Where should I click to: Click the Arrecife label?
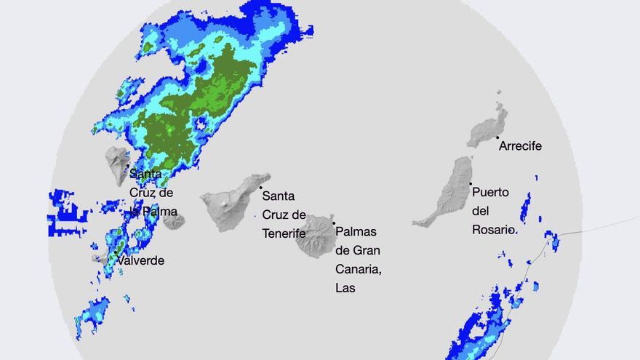tap(520, 146)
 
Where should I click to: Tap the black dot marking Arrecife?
tap(497, 137)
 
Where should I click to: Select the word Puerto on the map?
tap(490, 193)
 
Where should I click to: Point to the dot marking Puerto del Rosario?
tap(471, 183)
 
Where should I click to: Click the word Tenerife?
tap(284, 233)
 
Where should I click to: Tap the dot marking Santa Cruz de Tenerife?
tap(261, 188)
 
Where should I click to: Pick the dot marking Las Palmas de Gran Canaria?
tap(335, 224)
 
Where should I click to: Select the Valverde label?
tap(140, 261)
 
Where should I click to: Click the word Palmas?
tap(358, 232)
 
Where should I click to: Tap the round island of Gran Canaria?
tap(315, 236)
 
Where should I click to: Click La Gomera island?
tap(174, 221)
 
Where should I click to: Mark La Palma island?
tap(116, 164)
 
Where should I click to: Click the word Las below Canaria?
tap(347, 288)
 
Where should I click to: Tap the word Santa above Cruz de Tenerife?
tap(279, 196)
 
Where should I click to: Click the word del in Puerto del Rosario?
tap(480, 212)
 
